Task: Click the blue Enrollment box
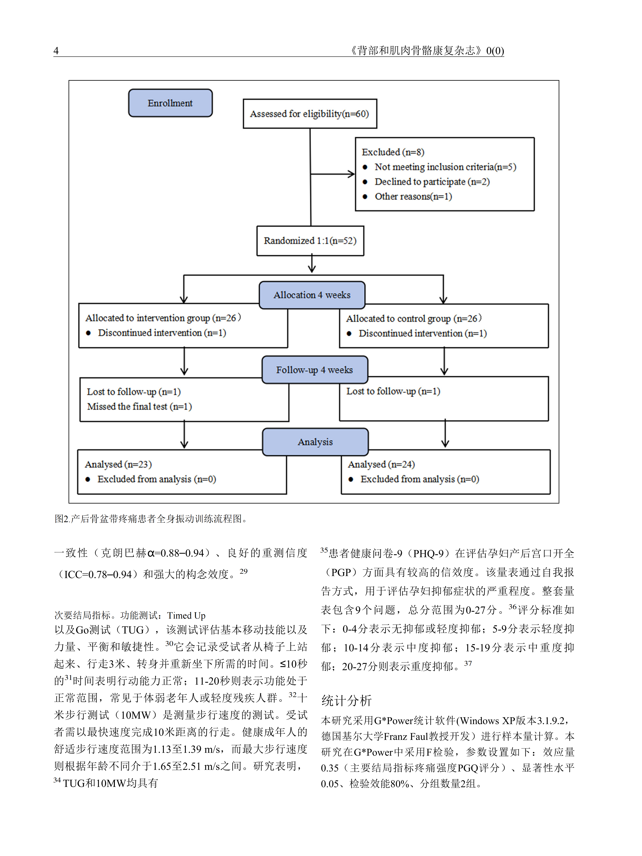click(x=170, y=103)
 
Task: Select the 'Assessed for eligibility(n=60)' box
click(x=310, y=114)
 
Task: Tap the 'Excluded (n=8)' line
click(x=393, y=152)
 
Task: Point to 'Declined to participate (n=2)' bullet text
click(x=432, y=182)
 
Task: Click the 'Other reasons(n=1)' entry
click(x=413, y=197)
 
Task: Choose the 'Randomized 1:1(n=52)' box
click(x=310, y=241)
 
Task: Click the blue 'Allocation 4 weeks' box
click(x=312, y=295)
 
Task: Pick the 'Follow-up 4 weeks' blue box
click(x=315, y=370)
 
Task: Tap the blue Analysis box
click(x=315, y=442)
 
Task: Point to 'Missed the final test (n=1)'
click(x=139, y=406)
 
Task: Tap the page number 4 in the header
click(x=56, y=51)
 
